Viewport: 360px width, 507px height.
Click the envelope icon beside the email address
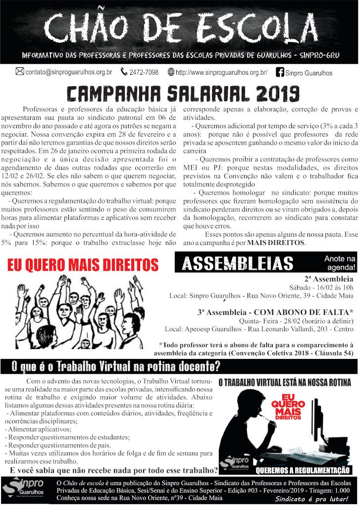20,72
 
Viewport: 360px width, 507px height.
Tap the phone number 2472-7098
144,72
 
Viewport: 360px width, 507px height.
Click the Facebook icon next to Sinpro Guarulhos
280,72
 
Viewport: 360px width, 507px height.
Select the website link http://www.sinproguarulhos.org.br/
221,72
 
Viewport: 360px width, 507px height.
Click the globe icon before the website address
171,72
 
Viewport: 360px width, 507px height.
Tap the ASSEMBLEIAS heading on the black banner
237,263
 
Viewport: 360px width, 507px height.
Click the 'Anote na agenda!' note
340,262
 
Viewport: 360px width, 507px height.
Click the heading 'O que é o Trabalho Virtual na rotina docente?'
116,367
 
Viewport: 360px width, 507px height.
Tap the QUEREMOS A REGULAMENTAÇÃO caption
303,470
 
